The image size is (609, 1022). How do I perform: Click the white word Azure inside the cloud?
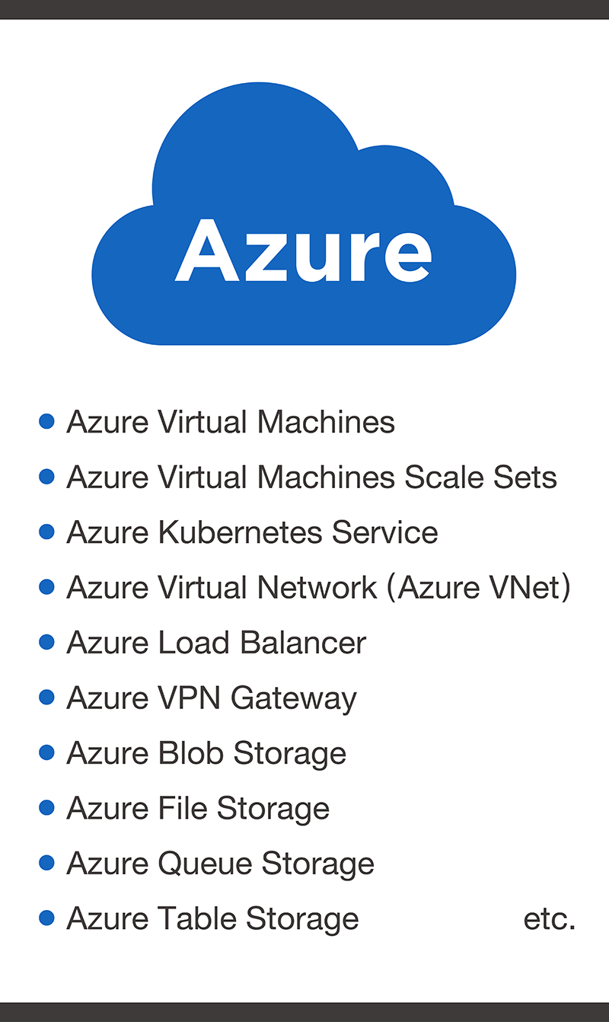[x=303, y=251]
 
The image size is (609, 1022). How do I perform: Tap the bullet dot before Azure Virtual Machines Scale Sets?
[x=46, y=477]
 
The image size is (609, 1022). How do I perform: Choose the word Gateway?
[x=294, y=699]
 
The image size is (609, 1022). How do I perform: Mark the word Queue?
[x=206, y=864]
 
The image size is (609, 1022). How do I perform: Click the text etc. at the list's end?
[x=549, y=919]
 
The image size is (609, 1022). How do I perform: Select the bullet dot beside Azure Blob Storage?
[x=46, y=752]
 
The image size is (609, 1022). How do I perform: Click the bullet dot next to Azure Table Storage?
[x=46, y=918]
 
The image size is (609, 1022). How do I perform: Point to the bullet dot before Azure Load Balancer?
[x=46, y=642]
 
